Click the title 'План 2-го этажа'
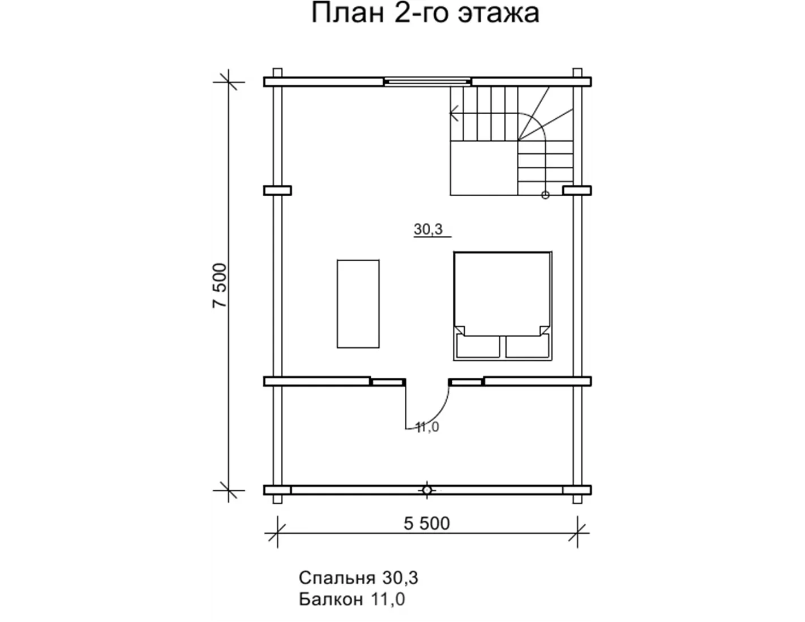click(x=425, y=13)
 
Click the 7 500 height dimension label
click(x=220, y=286)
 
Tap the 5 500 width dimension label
click(x=426, y=524)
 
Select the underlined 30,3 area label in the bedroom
click(x=428, y=230)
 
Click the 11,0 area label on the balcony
click(x=427, y=427)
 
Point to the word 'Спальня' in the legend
click(x=337, y=577)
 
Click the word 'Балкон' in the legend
click(x=331, y=599)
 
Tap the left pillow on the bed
click(x=478, y=346)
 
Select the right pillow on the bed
click(x=527, y=346)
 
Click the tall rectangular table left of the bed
click(x=358, y=304)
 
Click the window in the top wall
click(x=427, y=82)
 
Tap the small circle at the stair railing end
click(x=545, y=195)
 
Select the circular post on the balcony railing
click(x=427, y=490)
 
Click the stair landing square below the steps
click(x=484, y=168)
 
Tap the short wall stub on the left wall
click(x=277, y=191)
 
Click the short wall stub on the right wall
click(x=577, y=191)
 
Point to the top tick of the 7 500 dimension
click(x=228, y=82)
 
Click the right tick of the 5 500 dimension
click(x=577, y=533)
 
